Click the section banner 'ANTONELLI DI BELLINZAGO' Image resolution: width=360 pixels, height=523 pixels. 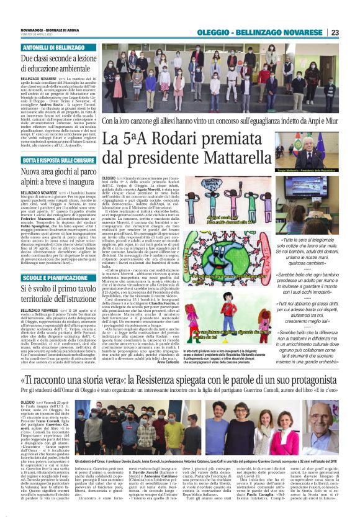pos(53,47)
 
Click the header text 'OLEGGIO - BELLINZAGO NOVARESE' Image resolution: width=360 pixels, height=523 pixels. pos(272,32)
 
